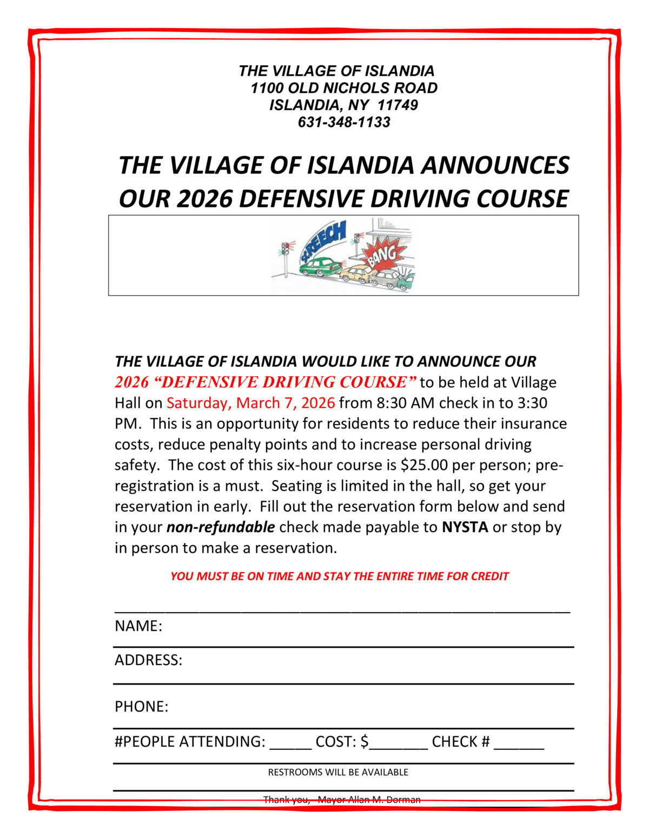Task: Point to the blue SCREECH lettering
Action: (323, 240)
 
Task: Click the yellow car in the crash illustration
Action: (355, 274)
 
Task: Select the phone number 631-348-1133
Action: (344, 122)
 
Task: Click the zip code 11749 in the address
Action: (398, 105)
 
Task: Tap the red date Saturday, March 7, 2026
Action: (250, 403)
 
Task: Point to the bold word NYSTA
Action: (465, 527)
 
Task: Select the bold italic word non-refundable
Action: (221, 527)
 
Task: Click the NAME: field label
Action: (138, 626)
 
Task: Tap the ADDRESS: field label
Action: (148, 660)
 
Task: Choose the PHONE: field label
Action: (141, 707)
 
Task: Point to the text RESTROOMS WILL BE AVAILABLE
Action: (338, 773)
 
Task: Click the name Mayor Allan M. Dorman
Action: (369, 800)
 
